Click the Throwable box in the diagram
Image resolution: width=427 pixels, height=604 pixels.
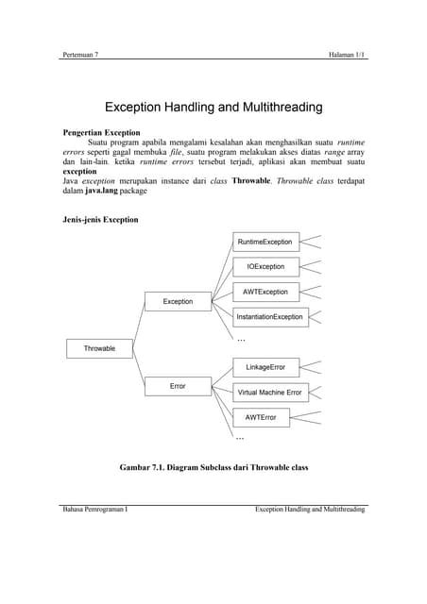(x=99, y=348)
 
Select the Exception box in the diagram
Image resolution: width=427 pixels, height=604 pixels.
(x=178, y=301)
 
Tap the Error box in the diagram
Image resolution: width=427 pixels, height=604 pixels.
(x=178, y=386)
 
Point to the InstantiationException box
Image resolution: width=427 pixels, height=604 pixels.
(x=270, y=316)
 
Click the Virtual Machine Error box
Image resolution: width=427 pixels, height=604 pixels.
(x=270, y=392)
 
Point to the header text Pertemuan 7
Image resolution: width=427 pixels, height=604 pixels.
(x=79, y=55)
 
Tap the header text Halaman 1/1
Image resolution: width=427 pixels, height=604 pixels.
(x=347, y=55)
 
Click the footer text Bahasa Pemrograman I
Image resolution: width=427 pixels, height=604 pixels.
(x=94, y=510)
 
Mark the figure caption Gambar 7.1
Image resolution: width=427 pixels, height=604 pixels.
(x=213, y=466)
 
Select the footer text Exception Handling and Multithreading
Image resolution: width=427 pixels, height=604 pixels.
(x=310, y=510)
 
